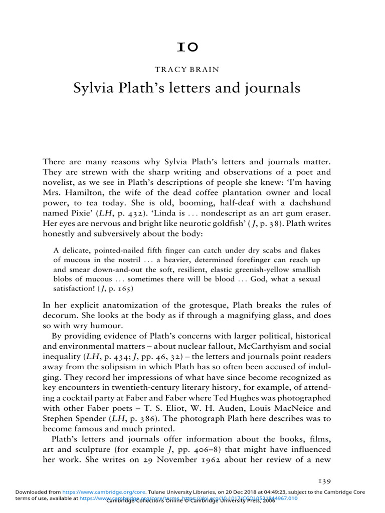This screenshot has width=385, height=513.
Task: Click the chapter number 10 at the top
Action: pos(192,48)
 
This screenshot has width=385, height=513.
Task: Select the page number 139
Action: pos(325,480)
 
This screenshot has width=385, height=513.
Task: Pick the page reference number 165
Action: pos(122,289)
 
